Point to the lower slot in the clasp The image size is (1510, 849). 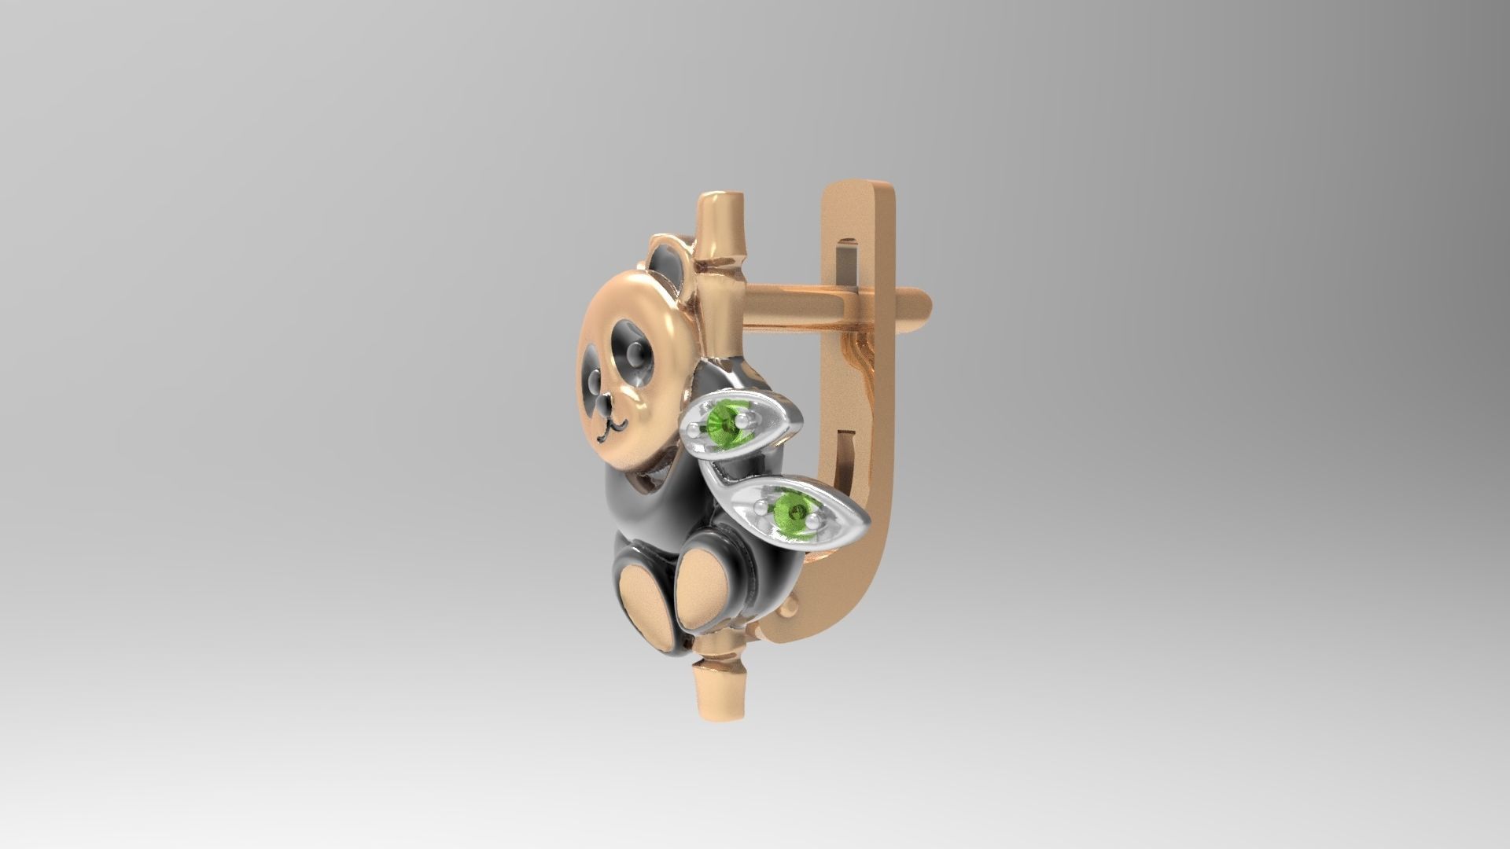coord(849,456)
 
